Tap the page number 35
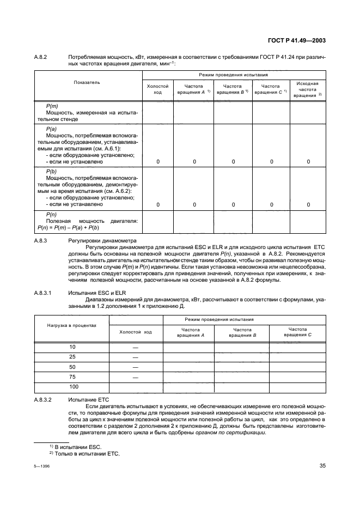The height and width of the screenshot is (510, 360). click(x=322, y=465)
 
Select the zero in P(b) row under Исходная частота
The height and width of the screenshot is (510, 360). click(x=308, y=204)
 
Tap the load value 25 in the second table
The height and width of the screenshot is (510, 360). click(x=72, y=357)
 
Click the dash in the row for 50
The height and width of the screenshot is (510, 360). click(x=135, y=367)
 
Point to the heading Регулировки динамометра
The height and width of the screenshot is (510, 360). click(x=102, y=240)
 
